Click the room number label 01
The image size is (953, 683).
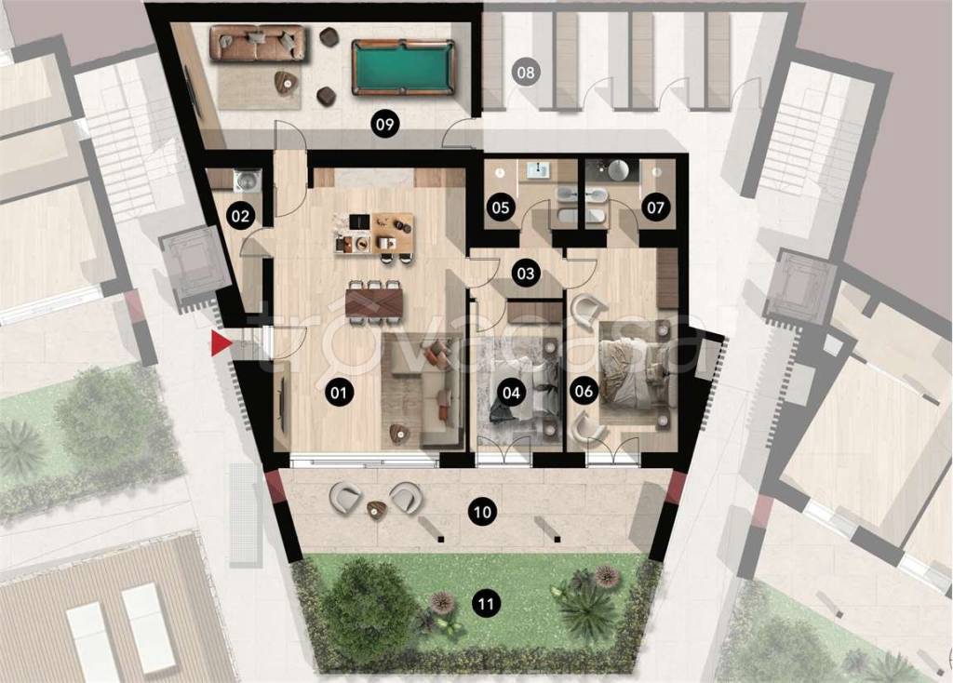tap(339, 393)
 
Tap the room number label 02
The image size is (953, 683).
tap(240, 216)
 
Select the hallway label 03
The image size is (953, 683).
tap(525, 273)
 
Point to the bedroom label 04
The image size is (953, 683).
tap(511, 393)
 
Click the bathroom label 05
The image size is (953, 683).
tap(500, 208)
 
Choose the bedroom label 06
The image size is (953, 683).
tap(584, 390)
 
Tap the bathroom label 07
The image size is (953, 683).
tap(655, 208)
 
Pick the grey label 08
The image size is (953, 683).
tap(526, 73)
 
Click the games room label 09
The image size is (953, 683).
tap(384, 125)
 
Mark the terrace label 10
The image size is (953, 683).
tap(482, 512)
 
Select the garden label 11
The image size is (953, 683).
tap(485, 604)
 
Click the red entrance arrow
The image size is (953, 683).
tap(221, 343)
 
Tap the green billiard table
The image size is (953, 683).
tap(402, 67)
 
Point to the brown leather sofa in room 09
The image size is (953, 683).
tap(257, 43)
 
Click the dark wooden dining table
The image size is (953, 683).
tap(374, 302)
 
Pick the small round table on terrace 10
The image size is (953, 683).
tap(377, 509)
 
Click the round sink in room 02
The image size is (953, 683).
tap(248, 179)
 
